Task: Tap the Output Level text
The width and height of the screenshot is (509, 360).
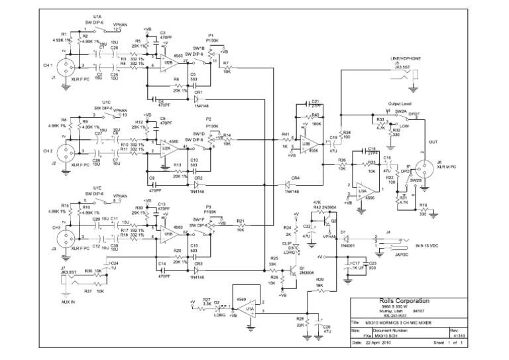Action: (400, 103)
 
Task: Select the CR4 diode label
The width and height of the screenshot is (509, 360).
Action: (296, 177)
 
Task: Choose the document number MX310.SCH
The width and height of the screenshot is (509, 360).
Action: (389, 335)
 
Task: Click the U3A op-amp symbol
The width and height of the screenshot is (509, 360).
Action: (363, 192)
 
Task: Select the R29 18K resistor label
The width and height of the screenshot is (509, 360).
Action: (320, 284)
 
